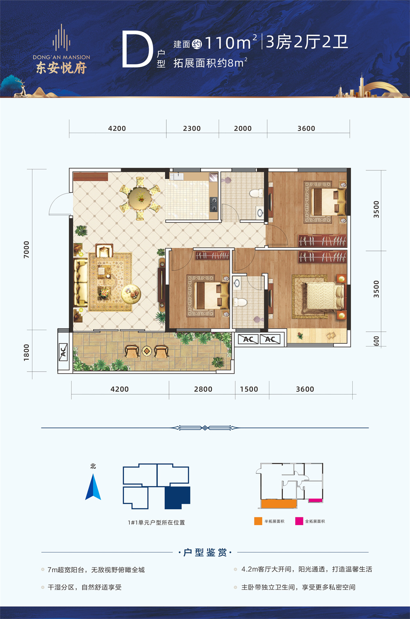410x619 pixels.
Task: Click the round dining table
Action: (140, 198)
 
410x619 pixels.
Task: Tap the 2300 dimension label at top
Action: (192, 129)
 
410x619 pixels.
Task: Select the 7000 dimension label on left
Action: (26, 249)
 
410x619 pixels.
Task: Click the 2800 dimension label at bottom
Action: (203, 389)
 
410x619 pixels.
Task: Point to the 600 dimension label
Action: (376, 341)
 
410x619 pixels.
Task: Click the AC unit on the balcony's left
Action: (64, 352)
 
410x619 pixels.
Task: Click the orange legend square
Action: (258, 521)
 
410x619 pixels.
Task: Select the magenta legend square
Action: (299, 521)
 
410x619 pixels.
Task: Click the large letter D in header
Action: (137, 50)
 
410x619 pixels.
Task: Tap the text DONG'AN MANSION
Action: (61, 57)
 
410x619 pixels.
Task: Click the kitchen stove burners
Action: (213, 204)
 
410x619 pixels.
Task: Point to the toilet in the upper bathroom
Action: (257, 193)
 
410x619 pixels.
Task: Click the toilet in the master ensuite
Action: (239, 302)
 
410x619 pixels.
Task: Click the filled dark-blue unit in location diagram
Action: (178, 498)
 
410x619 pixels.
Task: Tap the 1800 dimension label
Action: (26, 353)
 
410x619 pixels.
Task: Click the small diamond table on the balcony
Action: (146, 351)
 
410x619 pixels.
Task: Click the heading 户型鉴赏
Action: (205, 553)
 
